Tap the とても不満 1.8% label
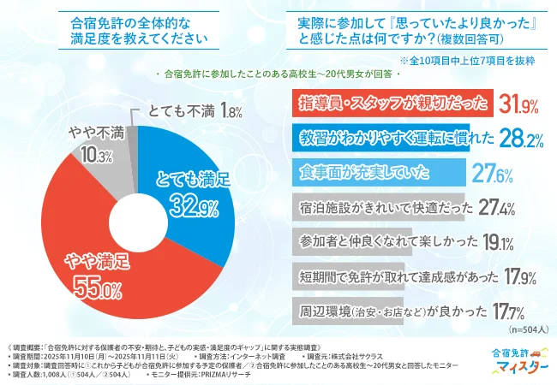188,111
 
